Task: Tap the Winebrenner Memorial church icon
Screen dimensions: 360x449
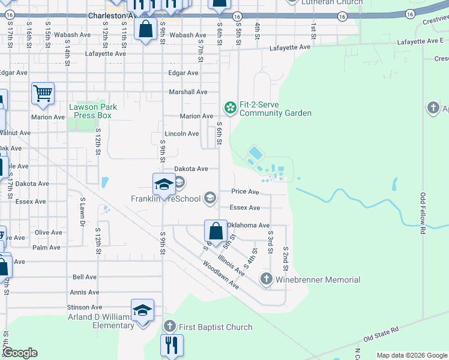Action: point(266,279)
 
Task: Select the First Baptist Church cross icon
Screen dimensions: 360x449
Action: point(169,327)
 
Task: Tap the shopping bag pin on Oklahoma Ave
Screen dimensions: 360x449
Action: point(215,231)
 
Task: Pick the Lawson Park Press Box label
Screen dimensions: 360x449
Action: point(92,111)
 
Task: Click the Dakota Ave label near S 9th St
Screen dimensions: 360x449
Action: point(191,169)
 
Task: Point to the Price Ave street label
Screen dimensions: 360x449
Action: point(245,192)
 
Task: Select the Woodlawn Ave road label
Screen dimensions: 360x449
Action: point(220,275)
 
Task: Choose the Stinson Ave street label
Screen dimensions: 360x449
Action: point(82,308)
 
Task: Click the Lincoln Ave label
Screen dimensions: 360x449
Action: point(182,134)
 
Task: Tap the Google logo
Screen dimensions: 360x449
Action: point(20,353)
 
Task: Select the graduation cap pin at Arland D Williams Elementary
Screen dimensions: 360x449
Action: point(143,311)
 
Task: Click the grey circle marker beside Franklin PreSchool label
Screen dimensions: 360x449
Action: point(210,197)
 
